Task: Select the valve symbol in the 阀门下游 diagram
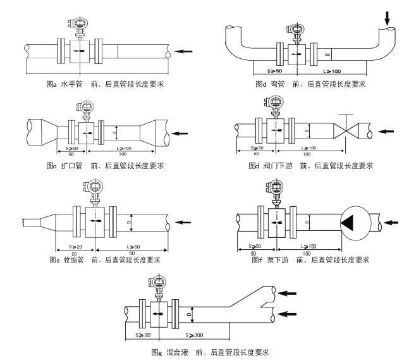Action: (345, 132)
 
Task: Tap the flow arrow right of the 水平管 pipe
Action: (184, 51)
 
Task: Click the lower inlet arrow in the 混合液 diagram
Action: (287, 313)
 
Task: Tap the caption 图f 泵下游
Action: (310, 260)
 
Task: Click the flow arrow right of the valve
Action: (385, 132)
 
